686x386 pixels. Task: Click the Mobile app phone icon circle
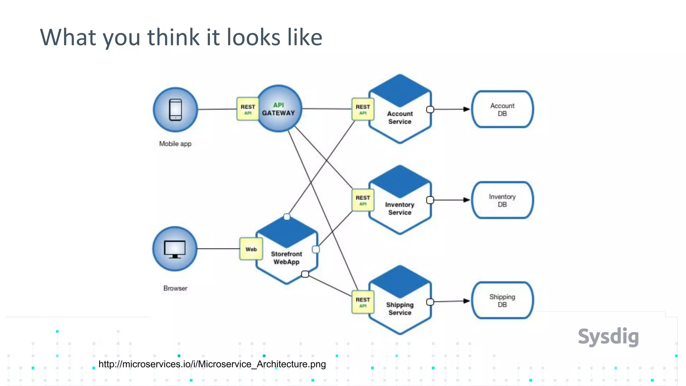click(x=176, y=110)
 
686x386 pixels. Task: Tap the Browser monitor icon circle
click(x=175, y=249)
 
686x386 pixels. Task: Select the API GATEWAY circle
click(x=279, y=109)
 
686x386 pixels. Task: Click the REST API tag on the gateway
click(x=248, y=109)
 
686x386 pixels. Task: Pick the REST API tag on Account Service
click(x=363, y=109)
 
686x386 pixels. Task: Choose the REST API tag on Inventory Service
click(x=363, y=200)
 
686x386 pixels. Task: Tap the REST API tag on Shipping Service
click(x=363, y=302)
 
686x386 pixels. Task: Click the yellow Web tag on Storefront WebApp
click(x=251, y=249)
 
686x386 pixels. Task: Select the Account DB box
click(x=502, y=109)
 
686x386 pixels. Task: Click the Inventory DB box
click(x=502, y=200)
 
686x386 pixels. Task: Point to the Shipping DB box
click(x=502, y=300)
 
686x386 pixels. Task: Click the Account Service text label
click(x=400, y=118)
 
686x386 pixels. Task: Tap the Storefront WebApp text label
click(x=286, y=258)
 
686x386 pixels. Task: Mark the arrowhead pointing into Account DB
click(x=466, y=109)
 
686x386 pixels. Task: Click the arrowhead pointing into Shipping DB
click(x=466, y=301)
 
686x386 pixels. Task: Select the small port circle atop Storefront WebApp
click(x=287, y=217)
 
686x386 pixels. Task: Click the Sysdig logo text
click(x=608, y=336)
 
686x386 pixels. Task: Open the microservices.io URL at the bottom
click(x=212, y=364)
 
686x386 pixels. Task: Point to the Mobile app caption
click(x=175, y=144)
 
